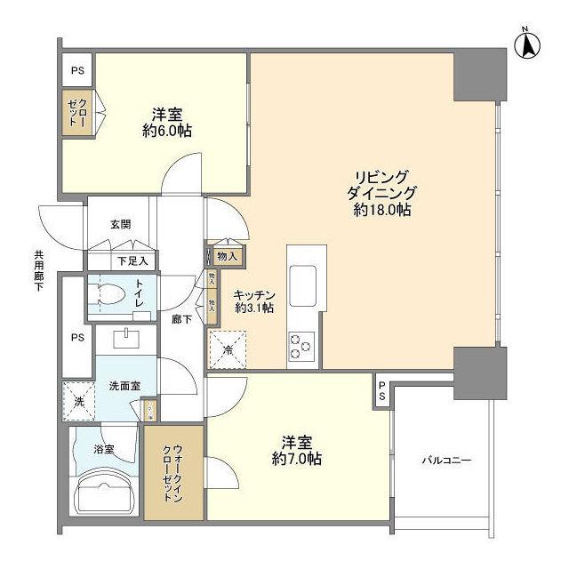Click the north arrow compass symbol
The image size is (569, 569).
[526, 44]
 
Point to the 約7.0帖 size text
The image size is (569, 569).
[297, 460]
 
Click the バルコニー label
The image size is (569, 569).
[446, 461]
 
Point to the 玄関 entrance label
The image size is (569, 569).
[122, 225]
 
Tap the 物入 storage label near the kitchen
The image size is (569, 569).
[227, 257]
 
